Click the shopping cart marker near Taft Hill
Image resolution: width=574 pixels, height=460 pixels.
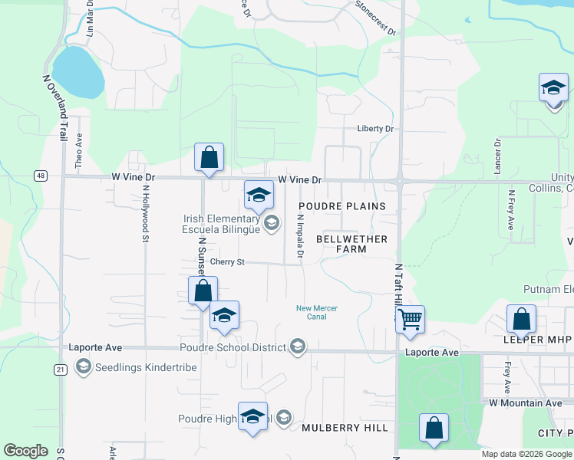point(410,318)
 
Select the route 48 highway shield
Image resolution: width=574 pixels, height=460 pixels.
point(41,176)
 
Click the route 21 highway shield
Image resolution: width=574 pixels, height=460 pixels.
point(60,369)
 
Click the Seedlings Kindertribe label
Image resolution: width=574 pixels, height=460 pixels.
point(146,367)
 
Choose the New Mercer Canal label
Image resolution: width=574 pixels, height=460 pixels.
point(317,313)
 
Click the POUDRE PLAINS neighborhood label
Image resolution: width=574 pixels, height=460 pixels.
point(341,206)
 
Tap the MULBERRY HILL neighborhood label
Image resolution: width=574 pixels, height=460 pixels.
point(345,428)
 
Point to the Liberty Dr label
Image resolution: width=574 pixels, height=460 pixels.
point(374,129)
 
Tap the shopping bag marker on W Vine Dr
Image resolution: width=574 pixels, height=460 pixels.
point(209,158)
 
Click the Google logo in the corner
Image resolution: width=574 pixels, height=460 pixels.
point(25,451)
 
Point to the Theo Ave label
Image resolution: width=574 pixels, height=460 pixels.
point(78,150)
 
